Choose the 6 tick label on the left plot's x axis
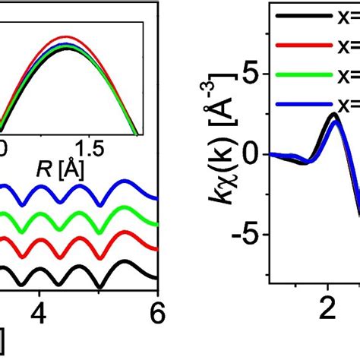156,314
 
